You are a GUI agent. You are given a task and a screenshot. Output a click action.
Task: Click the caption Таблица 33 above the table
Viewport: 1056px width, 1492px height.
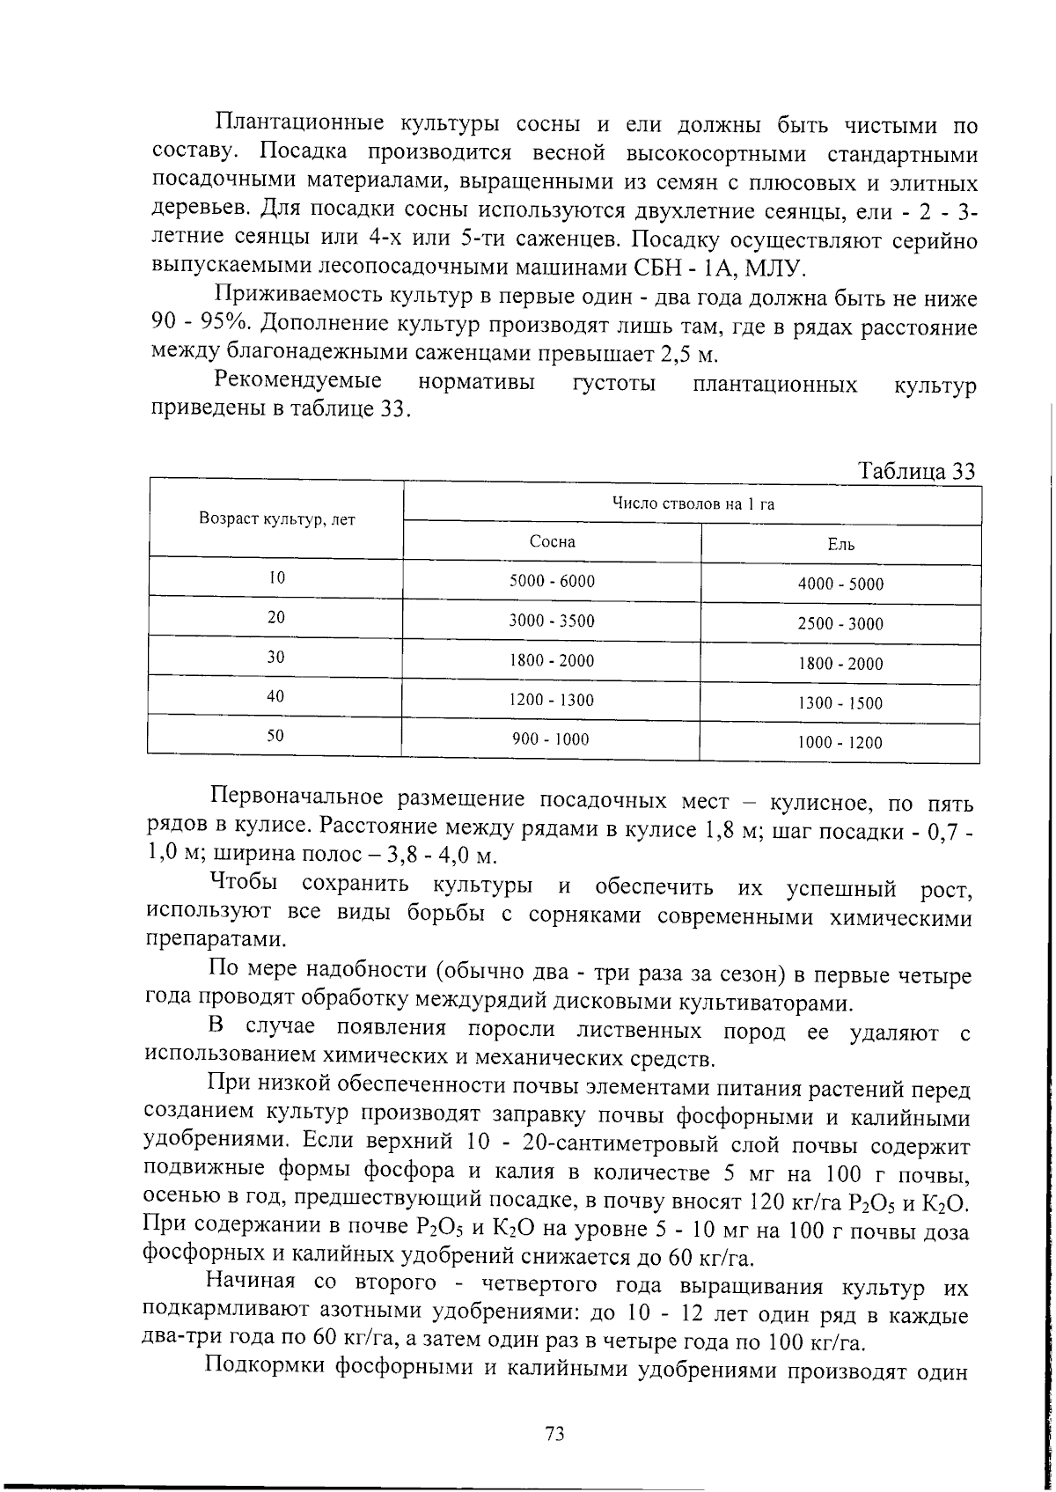tap(916, 471)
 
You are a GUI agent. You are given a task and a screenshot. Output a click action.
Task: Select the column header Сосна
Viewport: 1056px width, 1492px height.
tap(552, 541)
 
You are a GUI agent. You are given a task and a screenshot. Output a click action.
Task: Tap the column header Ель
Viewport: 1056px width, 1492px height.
tap(840, 545)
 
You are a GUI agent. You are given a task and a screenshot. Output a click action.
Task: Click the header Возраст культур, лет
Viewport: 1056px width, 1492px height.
tap(277, 519)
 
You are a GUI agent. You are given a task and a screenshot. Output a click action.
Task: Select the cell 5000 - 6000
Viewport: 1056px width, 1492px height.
tap(552, 581)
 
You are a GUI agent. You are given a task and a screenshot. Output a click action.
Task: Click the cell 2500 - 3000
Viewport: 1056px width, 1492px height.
tap(840, 624)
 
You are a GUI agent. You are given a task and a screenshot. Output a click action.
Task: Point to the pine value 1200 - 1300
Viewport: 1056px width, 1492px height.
tap(552, 701)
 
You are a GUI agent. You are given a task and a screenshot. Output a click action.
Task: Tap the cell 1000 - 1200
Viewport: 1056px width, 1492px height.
tap(840, 743)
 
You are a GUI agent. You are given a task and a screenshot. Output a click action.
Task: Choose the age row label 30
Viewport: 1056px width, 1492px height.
tap(276, 657)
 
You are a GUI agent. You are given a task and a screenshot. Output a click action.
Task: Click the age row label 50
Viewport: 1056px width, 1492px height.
tap(276, 737)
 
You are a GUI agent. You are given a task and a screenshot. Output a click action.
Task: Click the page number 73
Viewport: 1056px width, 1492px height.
tap(554, 1434)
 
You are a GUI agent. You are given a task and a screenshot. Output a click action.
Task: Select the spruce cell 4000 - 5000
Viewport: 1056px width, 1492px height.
tap(840, 584)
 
